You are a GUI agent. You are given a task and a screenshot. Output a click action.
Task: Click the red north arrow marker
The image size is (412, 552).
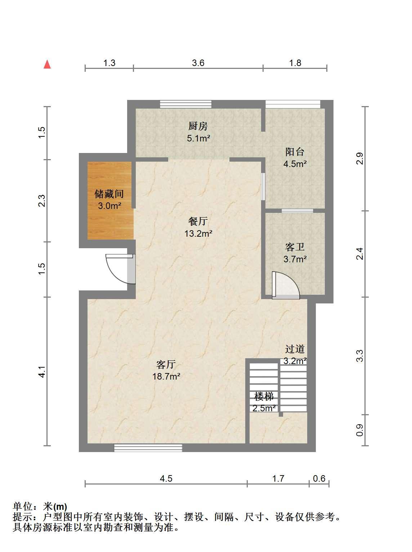(x=47, y=64)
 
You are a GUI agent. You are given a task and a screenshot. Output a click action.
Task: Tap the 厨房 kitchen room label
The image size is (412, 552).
(x=198, y=126)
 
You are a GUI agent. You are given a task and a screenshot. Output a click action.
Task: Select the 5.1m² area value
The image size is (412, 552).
(x=198, y=138)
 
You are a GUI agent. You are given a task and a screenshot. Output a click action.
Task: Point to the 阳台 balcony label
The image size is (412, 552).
(x=295, y=152)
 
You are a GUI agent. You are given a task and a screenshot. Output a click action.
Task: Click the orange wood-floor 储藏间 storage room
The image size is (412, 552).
(x=109, y=201)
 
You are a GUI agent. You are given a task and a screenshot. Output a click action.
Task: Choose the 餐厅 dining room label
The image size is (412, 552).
(x=198, y=221)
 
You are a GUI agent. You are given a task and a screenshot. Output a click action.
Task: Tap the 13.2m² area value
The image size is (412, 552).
(x=198, y=234)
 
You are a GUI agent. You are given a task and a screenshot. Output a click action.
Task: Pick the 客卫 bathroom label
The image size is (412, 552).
(x=295, y=247)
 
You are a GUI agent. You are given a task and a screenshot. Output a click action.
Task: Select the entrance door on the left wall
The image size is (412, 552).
(x=120, y=269)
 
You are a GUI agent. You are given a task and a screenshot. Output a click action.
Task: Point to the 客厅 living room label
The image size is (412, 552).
(x=166, y=364)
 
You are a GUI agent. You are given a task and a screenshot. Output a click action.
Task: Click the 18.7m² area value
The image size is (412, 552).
(x=166, y=376)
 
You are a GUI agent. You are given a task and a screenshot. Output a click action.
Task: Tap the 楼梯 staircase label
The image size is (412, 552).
(x=264, y=397)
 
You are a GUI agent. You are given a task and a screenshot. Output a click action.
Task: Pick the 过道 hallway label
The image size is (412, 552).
(x=295, y=349)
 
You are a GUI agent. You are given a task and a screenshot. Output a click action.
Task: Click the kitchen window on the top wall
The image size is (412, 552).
(x=186, y=104)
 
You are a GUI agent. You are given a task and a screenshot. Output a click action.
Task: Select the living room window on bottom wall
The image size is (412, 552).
(x=148, y=448)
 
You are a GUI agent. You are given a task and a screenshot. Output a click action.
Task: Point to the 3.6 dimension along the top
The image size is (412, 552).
(x=198, y=63)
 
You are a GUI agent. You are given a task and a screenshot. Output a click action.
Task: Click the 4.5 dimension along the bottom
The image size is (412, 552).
(x=166, y=478)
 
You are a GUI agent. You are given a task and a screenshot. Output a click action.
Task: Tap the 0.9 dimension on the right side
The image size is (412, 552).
(x=359, y=430)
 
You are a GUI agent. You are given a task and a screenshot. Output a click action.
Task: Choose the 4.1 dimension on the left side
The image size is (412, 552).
(x=42, y=372)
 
